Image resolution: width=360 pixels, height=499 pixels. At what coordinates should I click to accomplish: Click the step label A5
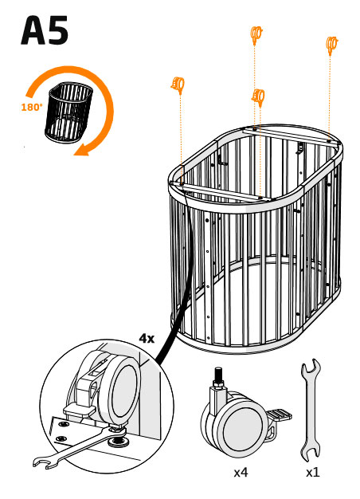tap(45, 30)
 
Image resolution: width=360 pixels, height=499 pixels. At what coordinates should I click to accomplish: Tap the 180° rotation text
tap(32, 108)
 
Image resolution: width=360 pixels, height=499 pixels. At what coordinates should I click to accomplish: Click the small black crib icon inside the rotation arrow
tap(69, 112)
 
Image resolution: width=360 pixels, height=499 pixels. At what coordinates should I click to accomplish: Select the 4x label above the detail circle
tap(147, 338)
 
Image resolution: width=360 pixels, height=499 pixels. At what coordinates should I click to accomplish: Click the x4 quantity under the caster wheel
tap(241, 473)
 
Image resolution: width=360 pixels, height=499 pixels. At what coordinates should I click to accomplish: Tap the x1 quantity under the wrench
tap(313, 473)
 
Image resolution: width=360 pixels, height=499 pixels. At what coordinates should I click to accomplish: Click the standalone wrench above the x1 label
tap(311, 411)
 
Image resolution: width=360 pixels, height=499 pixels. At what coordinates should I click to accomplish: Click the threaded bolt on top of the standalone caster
tap(218, 376)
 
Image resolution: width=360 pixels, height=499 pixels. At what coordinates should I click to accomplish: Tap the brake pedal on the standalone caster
tap(279, 415)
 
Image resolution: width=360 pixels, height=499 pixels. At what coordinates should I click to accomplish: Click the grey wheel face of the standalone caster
tap(243, 429)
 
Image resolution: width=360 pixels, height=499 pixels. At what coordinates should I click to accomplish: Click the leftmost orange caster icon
tap(178, 85)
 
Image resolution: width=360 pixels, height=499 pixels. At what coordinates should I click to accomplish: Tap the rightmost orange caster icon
tap(331, 44)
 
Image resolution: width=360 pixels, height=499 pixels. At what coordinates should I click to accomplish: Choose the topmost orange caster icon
tap(256, 33)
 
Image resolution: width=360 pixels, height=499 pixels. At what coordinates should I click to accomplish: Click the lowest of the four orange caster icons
tap(258, 96)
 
